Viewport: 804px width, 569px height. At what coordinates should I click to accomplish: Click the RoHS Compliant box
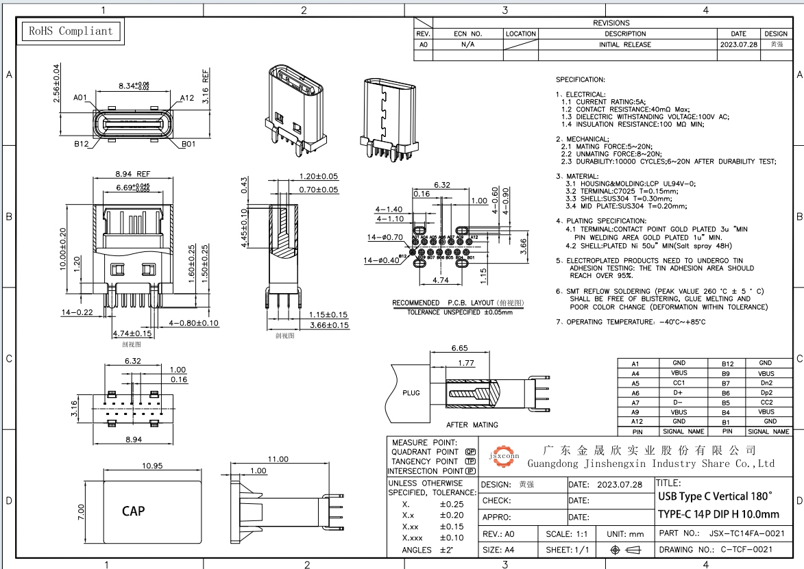(x=69, y=31)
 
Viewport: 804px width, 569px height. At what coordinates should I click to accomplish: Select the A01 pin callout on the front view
(x=80, y=98)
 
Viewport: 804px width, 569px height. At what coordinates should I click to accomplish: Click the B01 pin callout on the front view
(x=188, y=144)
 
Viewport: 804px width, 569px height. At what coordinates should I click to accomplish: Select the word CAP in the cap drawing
(x=134, y=511)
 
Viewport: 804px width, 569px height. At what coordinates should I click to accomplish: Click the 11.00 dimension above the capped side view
(x=277, y=459)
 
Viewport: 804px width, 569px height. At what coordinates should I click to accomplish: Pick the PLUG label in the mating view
(x=411, y=393)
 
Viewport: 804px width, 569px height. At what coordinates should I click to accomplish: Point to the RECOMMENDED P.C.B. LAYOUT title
(x=457, y=303)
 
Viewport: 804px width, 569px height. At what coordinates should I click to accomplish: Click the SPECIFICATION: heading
(x=580, y=80)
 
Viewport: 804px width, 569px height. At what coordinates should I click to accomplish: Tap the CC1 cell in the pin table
(x=679, y=383)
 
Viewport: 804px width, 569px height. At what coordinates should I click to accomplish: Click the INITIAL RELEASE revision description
(x=625, y=45)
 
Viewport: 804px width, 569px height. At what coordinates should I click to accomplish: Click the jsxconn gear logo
(x=504, y=457)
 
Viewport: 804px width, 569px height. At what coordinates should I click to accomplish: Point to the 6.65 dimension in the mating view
(x=459, y=348)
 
